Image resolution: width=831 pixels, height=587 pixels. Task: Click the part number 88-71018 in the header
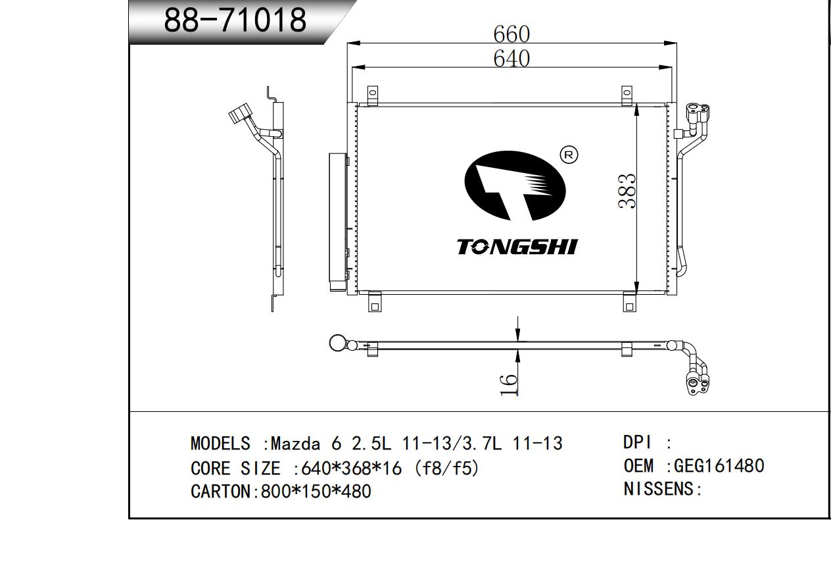(x=235, y=19)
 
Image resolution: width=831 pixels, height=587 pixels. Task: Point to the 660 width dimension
(x=511, y=34)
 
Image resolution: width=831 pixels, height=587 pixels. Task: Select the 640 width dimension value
(x=511, y=59)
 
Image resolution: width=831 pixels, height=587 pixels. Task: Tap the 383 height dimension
(x=627, y=191)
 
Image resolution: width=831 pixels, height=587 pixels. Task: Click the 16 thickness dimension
(x=509, y=386)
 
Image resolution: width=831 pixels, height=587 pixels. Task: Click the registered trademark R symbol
(x=568, y=155)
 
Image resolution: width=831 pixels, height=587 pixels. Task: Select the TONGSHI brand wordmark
(x=517, y=247)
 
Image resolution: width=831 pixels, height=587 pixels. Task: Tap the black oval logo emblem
(x=515, y=186)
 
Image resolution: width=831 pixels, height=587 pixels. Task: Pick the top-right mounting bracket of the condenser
(x=627, y=96)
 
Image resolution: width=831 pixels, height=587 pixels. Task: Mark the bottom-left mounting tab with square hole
(x=375, y=302)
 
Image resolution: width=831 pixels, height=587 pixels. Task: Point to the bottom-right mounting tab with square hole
(x=629, y=302)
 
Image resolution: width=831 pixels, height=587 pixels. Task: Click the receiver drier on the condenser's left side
(x=338, y=222)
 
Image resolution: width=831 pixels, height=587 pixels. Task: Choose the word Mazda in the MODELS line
(x=295, y=444)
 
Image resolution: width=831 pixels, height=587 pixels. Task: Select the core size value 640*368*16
(x=351, y=468)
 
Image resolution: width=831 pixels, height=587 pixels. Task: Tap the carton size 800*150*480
(x=316, y=491)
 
